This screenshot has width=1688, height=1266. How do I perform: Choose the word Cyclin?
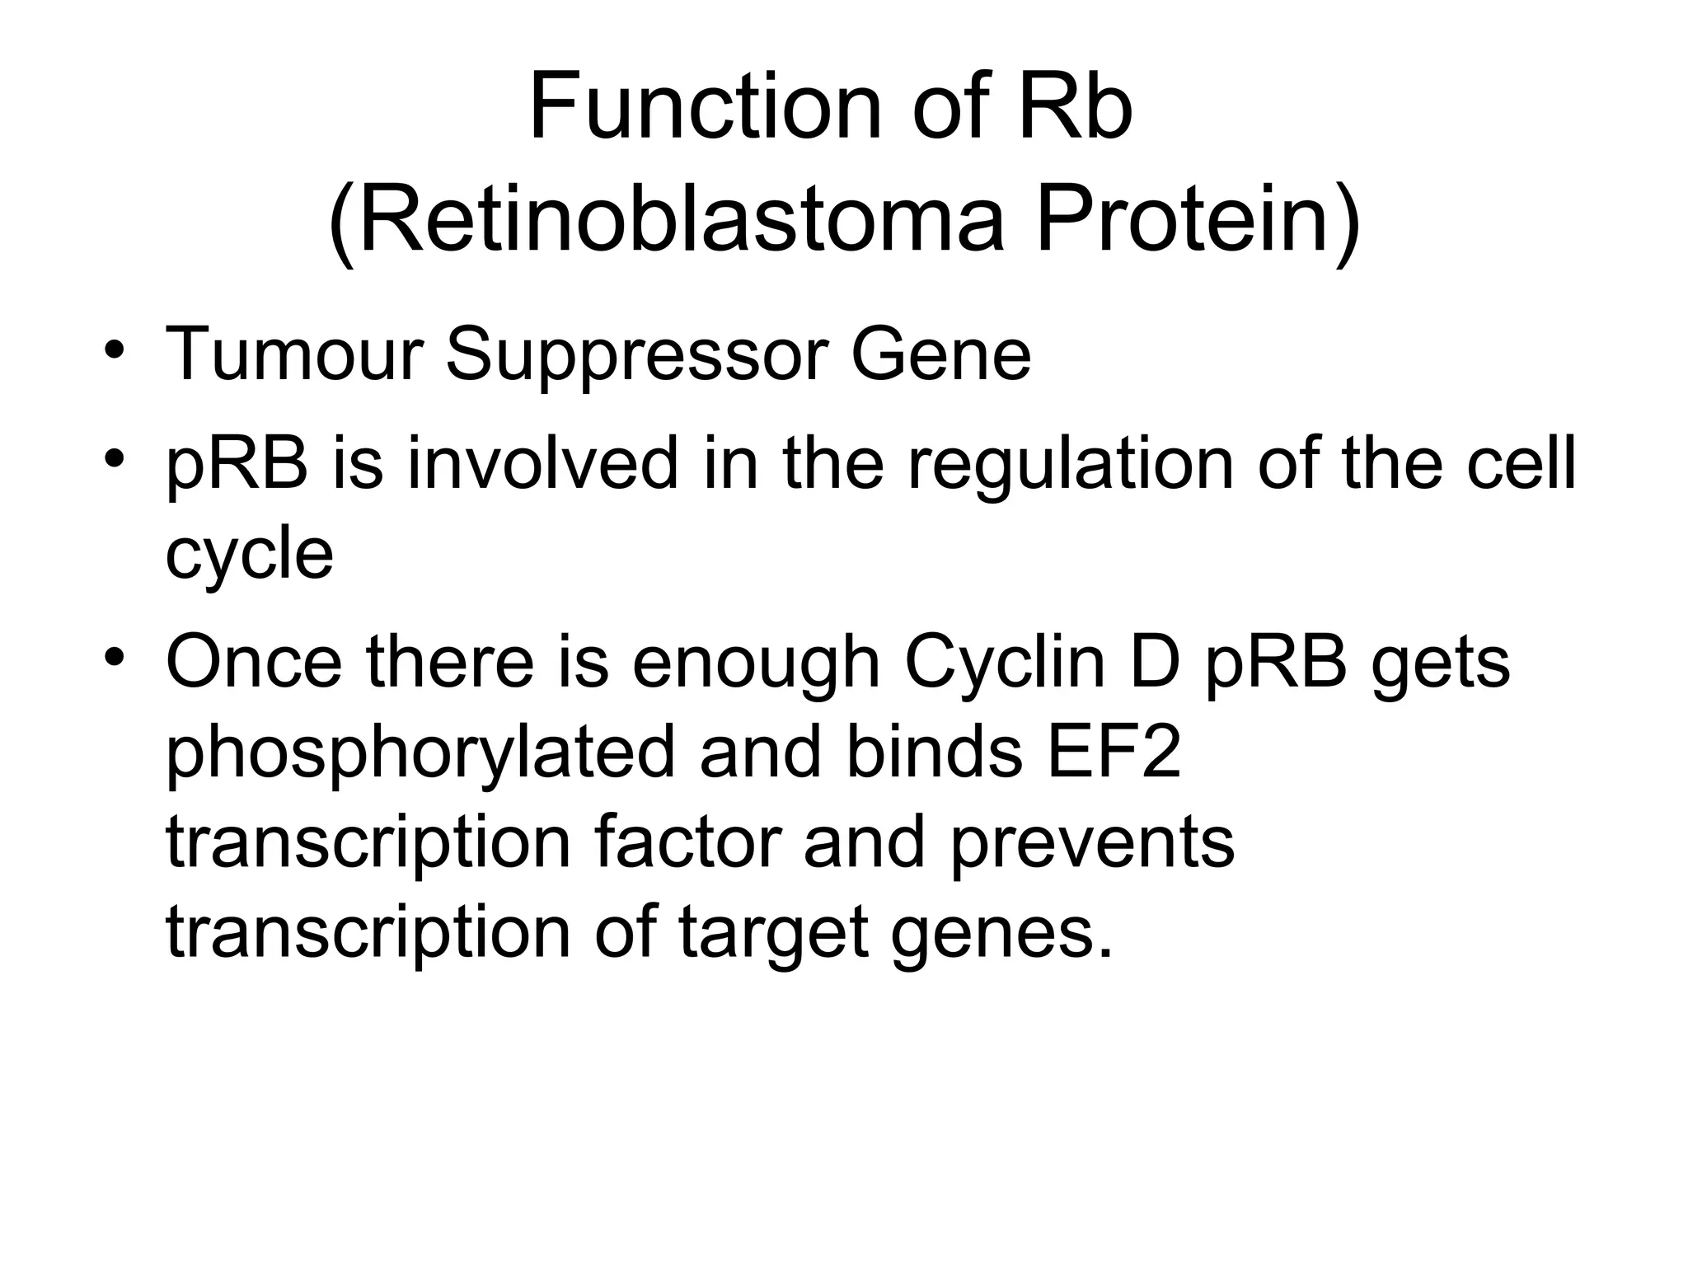(x=1005, y=663)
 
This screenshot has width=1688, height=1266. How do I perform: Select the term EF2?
(x=1114, y=753)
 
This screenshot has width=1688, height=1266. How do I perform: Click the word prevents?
(x=1092, y=844)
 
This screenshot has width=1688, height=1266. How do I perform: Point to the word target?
(x=774, y=935)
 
